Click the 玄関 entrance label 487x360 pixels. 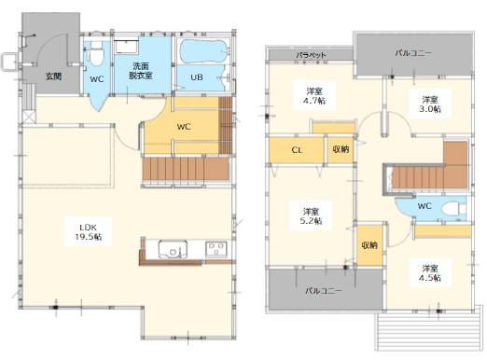tap(53, 76)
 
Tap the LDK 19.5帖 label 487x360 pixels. tap(89, 232)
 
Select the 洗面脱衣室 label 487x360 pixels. tap(141, 71)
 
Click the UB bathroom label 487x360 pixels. tap(197, 77)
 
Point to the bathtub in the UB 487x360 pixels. tap(204, 51)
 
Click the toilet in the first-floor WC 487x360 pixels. tap(95, 53)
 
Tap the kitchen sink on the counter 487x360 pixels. tap(173, 249)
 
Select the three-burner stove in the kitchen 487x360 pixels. tap(216, 249)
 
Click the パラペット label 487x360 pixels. tap(311, 55)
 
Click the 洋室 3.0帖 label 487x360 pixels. tap(431, 104)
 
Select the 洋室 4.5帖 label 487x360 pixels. tap(431, 273)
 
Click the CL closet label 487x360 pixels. tap(297, 150)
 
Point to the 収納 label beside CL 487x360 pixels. tap(341, 149)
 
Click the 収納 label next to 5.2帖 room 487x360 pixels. tap(369, 245)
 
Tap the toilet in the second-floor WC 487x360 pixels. tap(453, 208)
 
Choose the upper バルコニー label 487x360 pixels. tap(413, 53)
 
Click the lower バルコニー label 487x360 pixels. tap(324, 291)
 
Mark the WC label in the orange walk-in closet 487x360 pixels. tap(184, 127)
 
